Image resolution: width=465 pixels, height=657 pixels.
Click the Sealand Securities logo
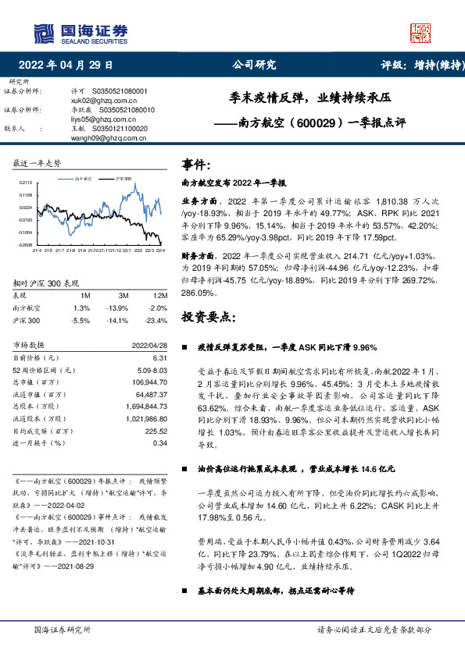(x=79, y=32)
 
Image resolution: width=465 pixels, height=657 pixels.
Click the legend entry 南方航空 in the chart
(x=84, y=179)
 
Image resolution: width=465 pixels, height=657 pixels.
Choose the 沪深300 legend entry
(x=122, y=179)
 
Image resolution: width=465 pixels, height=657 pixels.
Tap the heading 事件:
(x=195, y=165)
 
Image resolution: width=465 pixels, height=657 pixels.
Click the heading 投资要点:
(x=207, y=318)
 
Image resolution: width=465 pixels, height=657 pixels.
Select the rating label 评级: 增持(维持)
(x=419, y=66)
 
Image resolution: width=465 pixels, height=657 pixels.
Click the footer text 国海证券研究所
(x=63, y=628)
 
